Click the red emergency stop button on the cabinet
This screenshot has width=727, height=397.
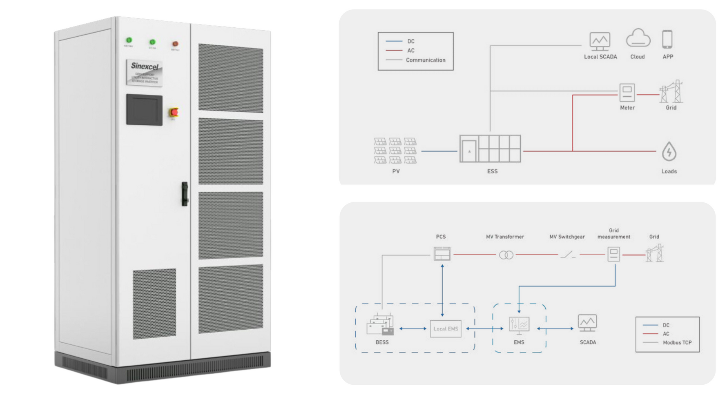174,112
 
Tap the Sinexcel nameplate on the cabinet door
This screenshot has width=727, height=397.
145,73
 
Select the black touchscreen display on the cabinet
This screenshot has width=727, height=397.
144,110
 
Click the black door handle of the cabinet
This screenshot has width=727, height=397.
185,194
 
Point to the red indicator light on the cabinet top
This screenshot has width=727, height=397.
175,44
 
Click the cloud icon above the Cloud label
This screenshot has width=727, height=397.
638,39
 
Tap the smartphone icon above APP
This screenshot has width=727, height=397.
667,40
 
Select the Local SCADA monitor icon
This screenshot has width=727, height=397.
600,41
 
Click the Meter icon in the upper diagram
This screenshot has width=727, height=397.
627,93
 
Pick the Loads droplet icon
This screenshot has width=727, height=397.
669,152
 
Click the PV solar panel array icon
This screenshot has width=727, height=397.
395,151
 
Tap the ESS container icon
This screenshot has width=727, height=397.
490,149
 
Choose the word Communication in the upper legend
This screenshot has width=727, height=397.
426,60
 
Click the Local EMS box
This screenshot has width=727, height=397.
446,329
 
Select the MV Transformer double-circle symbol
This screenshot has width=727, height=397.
506,255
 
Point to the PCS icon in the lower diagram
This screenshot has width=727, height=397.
442,254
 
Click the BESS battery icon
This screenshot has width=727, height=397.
381,325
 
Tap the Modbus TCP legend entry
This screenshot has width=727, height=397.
677,343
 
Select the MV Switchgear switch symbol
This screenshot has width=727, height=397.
568,255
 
